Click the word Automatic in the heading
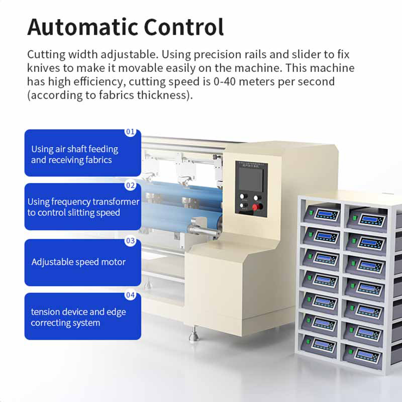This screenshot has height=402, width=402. [x=83, y=27]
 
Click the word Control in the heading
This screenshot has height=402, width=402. [x=184, y=27]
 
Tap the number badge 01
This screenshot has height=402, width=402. [x=130, y=132]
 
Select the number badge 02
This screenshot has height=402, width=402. [x=130, y=185]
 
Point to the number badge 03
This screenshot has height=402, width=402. [x=130, y=241]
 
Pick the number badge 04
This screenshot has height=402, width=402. [x=130, y=295]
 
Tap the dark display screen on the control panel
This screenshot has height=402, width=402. [x=251, y=179]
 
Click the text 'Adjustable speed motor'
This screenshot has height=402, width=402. [x=78, y=262]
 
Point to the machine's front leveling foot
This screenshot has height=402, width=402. [x=194, y=334]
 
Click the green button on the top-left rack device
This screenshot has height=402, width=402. [x=312, y=213]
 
